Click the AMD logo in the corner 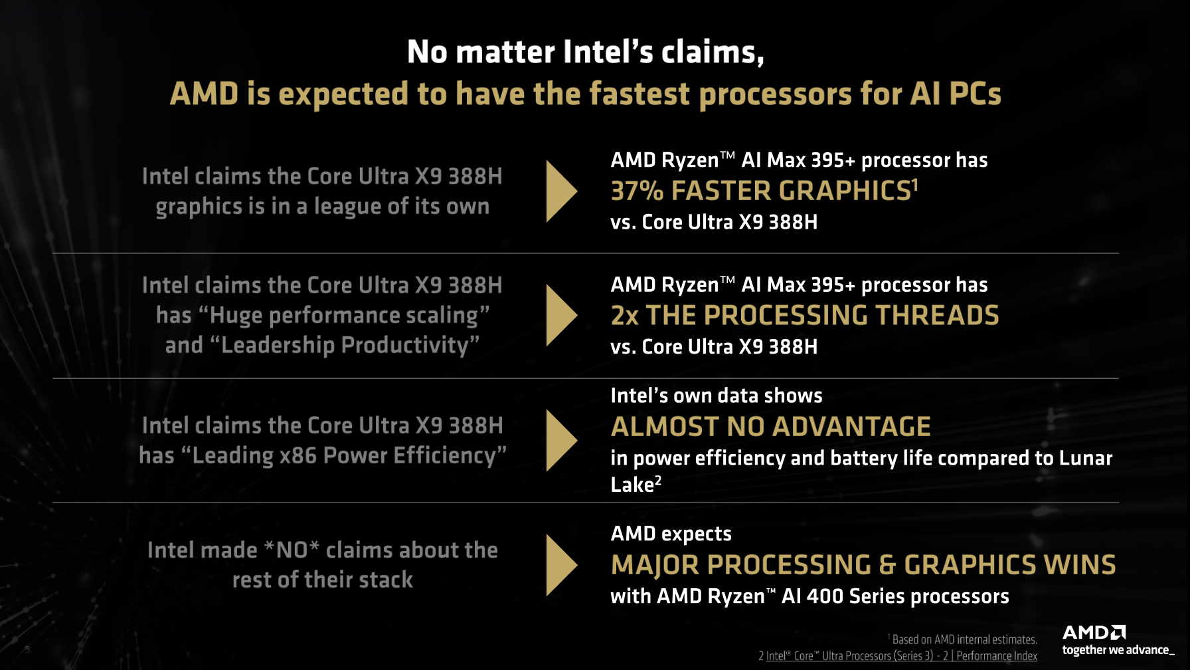point(1094,632)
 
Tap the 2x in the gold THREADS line point(625,316)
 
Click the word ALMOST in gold point(665,427)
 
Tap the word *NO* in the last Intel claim point(292,550)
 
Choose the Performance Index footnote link point(997,656)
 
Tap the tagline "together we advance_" point(1118,650)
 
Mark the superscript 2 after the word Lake point(658,480)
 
